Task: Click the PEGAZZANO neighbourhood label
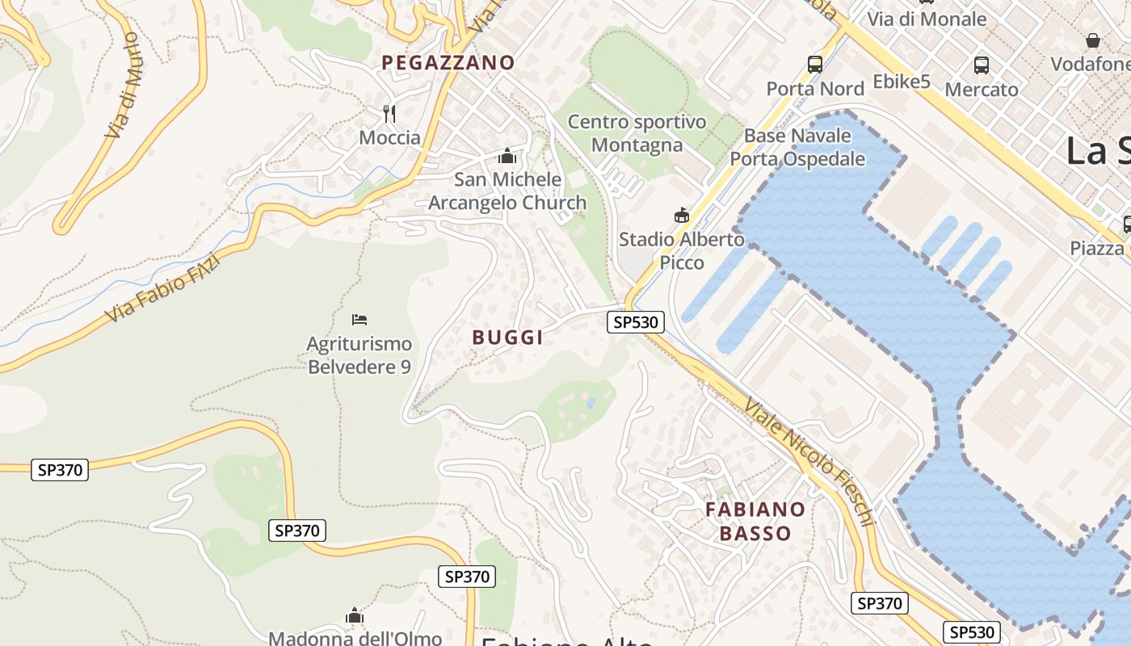[448, 62]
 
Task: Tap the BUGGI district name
[507, 338]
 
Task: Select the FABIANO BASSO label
[755, 521]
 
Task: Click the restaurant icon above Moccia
[389, 113]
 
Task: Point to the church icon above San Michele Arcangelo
[507, 156]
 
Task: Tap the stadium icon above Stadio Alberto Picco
[682, 216]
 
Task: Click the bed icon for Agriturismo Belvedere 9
[359, 321]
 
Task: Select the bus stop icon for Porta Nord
[815, 65]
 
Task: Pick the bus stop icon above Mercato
[982, 65]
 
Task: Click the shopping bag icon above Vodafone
[1093, 40]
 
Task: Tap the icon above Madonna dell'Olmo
[355, 616]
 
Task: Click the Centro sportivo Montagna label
[637, 133]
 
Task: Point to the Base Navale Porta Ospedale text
[797, 147]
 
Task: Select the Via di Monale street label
[927, 19]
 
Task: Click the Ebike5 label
[902, 82]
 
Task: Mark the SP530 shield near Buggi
[636, 322]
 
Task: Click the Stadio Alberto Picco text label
[682, 250]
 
